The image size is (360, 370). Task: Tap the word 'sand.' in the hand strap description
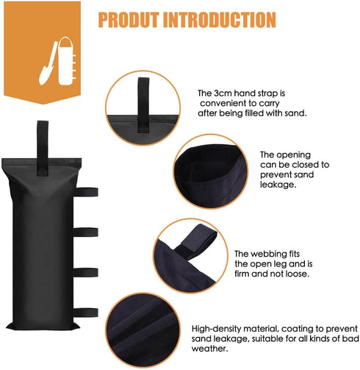pyautogui.click(x=294, y=114)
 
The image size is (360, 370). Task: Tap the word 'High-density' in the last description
pyautogui.click(x=217, y=328)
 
